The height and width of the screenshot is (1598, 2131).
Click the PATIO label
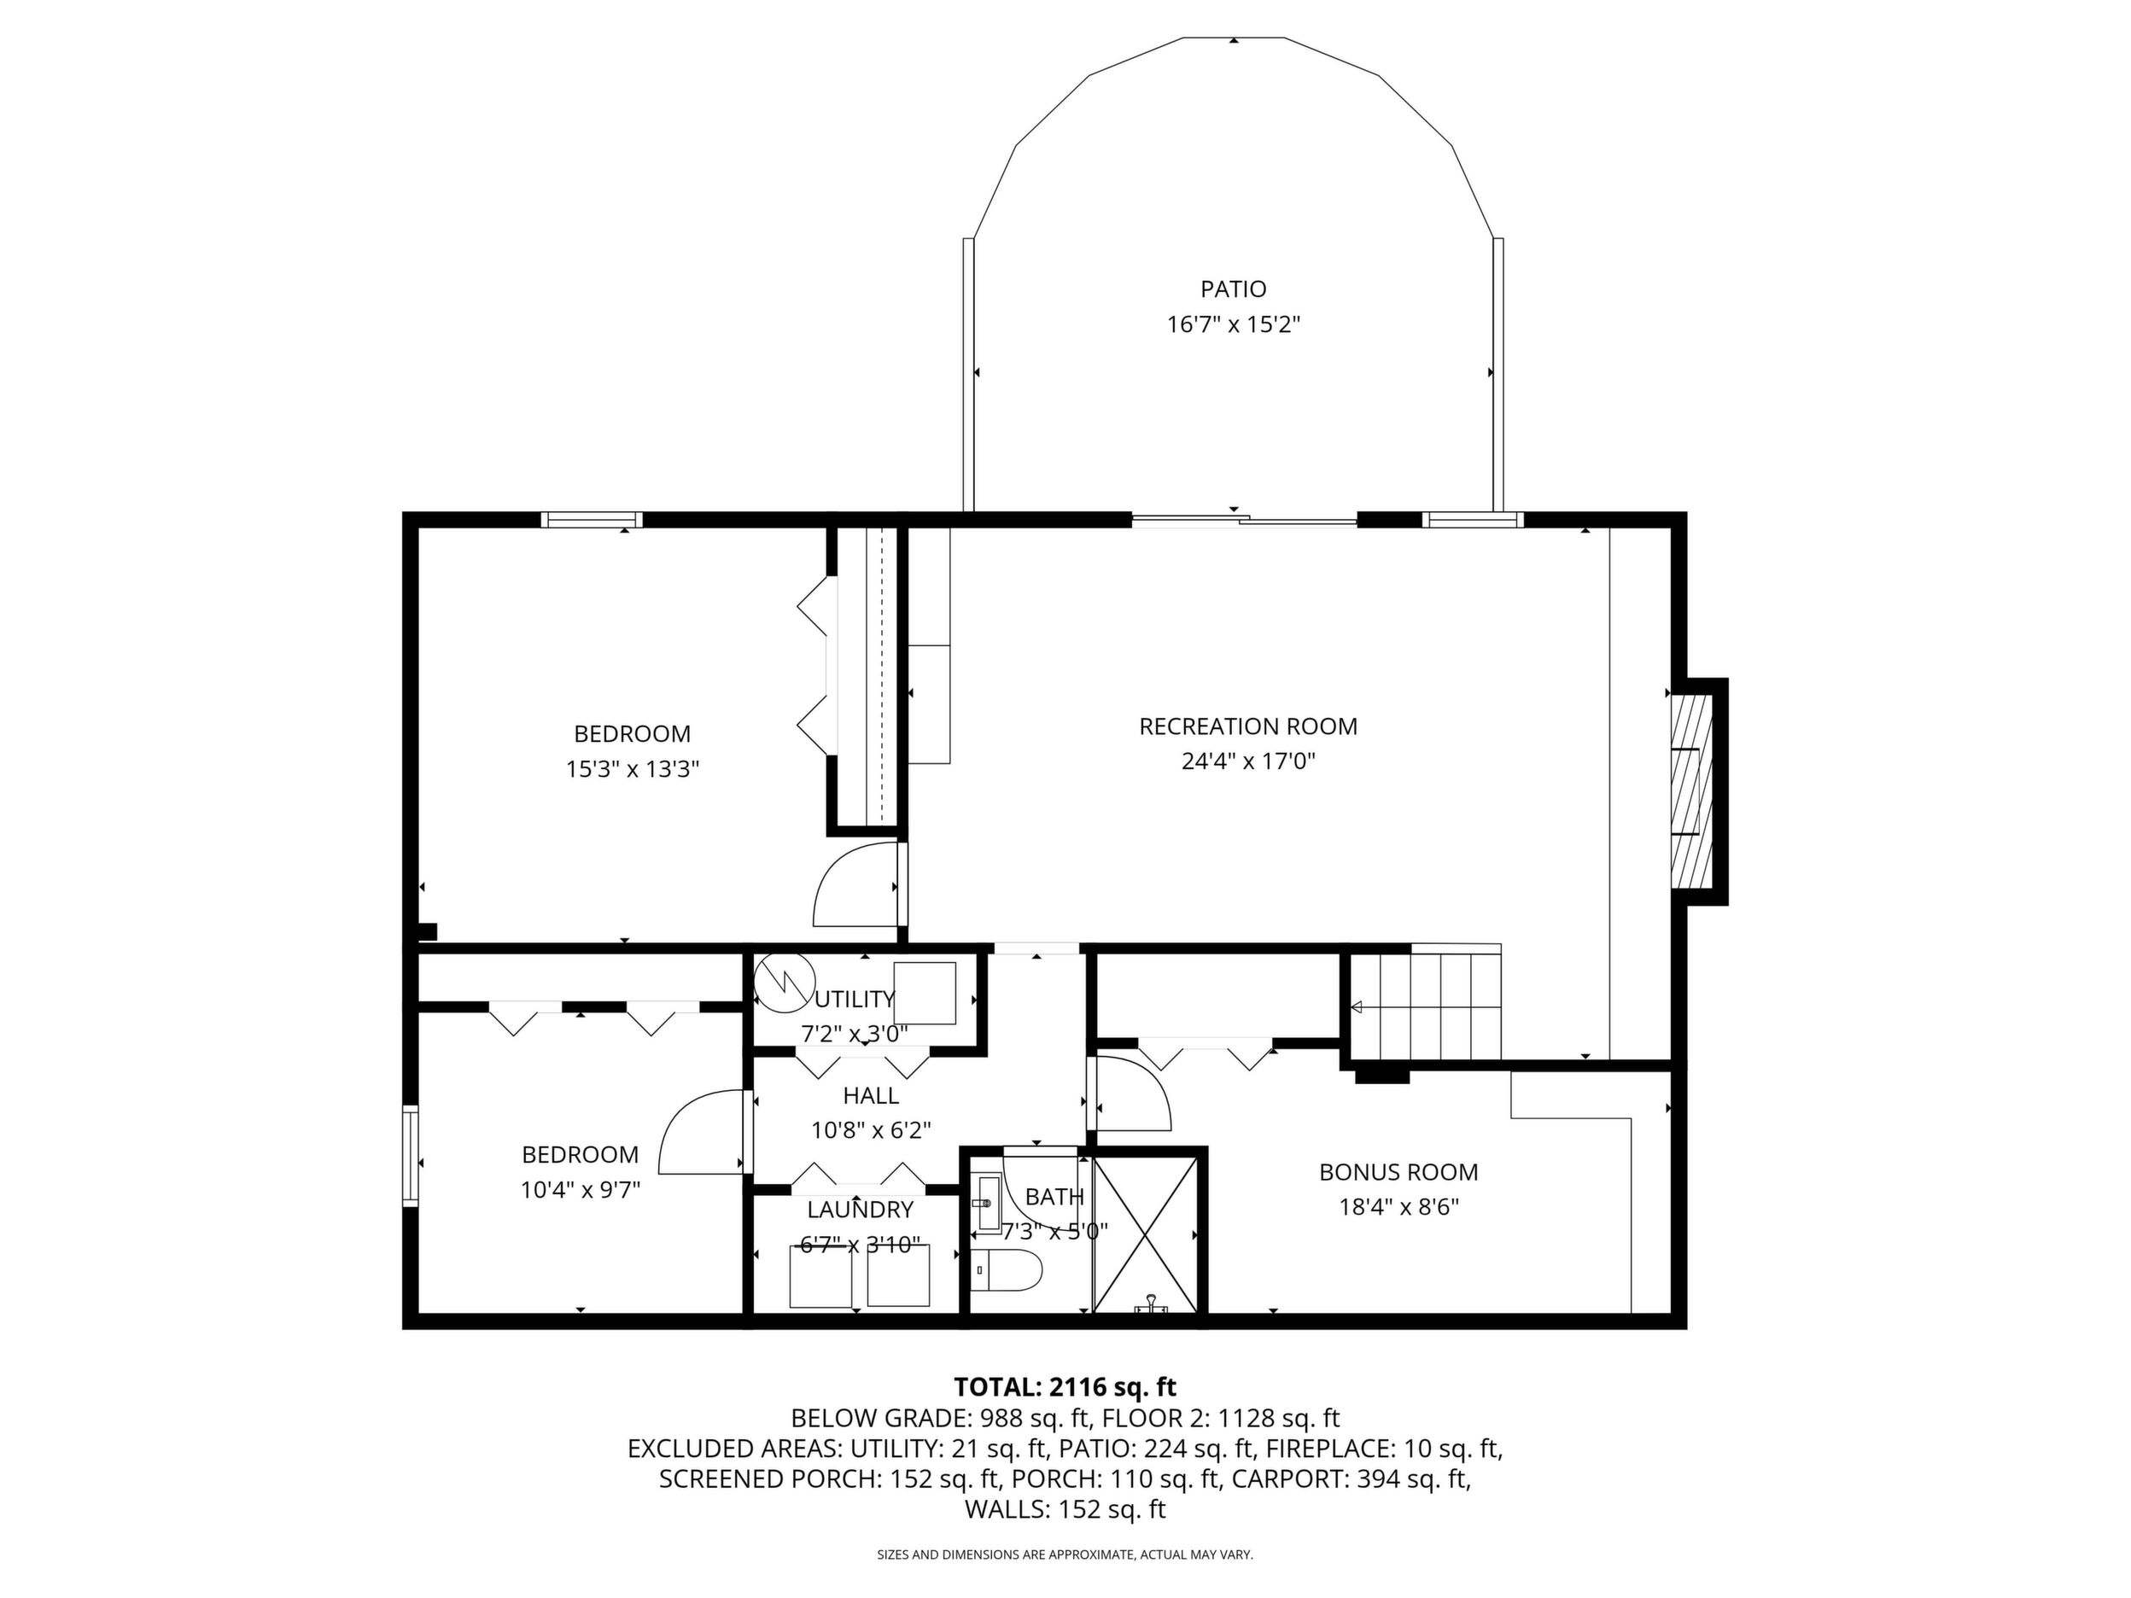click(1233, 289)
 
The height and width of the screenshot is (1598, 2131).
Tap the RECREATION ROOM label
click(1248, 726)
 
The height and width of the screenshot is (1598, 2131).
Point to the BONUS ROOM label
click(1398, 1172)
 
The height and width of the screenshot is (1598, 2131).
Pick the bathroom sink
click(986, 1203)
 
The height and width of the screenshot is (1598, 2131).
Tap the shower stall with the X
click(1145, 1233)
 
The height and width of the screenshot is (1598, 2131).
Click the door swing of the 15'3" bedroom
click(855, 884)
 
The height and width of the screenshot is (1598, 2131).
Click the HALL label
click(871, 1095)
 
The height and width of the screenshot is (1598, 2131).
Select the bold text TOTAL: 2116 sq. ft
click(1065, 1387)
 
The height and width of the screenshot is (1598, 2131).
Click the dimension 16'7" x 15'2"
click(1234, 324)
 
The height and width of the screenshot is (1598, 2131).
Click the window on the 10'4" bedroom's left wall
click(411, 1156)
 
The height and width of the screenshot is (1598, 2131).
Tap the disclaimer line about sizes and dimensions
click(1065, 1554)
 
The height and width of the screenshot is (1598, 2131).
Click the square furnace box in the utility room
click(925, 993)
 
